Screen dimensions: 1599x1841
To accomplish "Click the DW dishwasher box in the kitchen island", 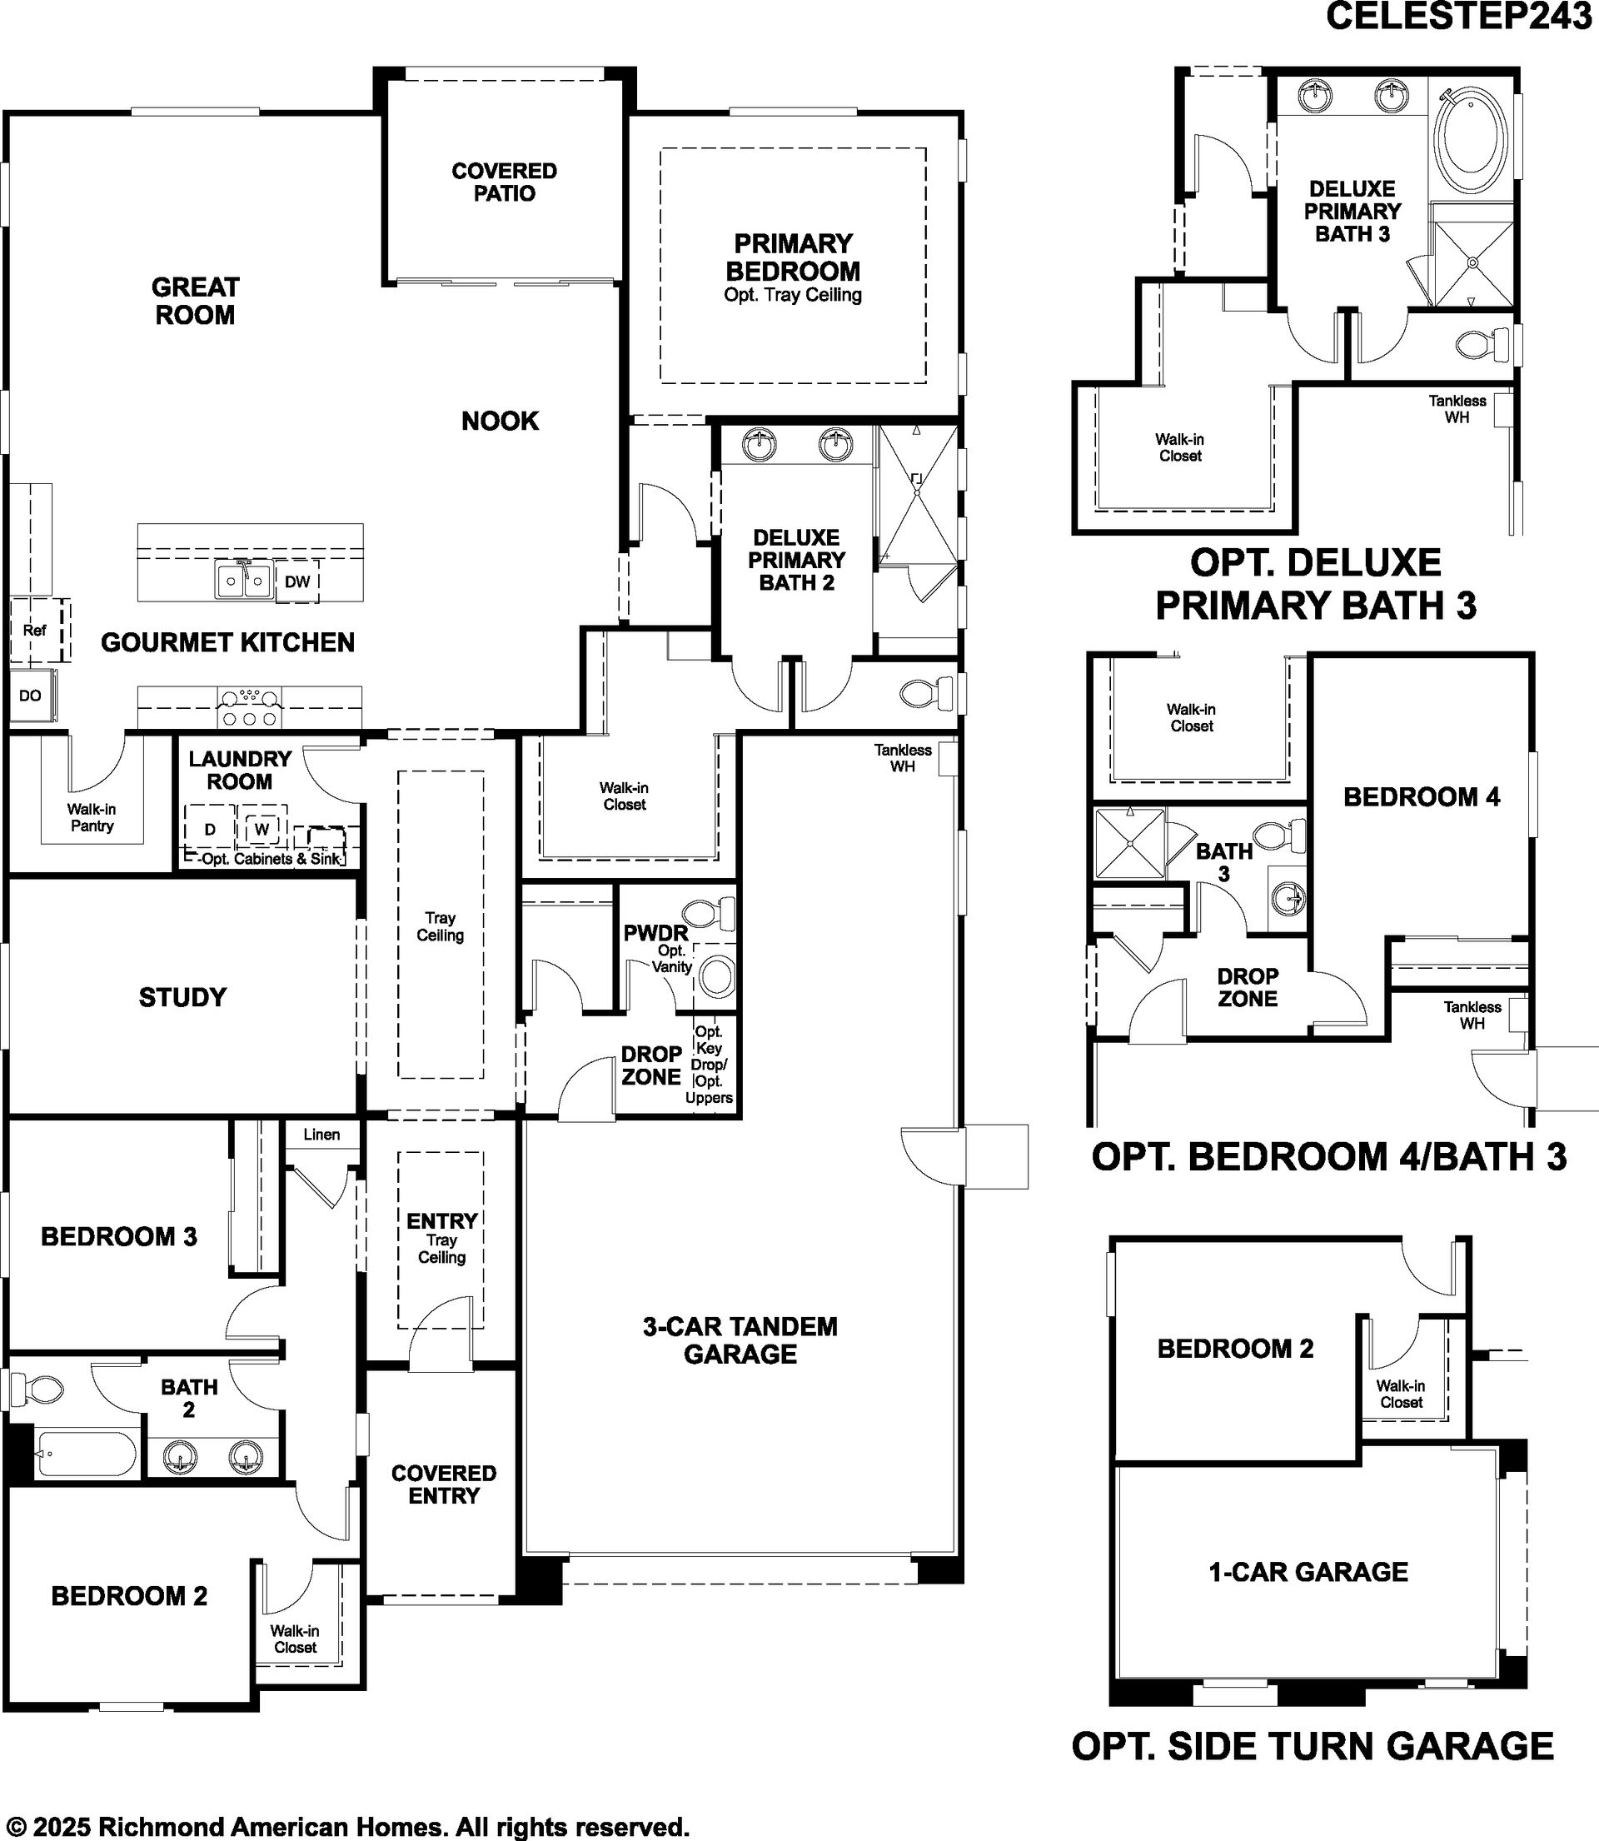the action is coord(297,581).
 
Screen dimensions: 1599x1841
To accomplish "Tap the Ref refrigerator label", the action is coord(35,630).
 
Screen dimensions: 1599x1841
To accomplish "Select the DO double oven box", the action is coord(32,696).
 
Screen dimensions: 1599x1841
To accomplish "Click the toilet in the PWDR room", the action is coord(710,913).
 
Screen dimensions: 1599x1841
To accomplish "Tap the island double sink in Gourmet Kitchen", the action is coord(243,580).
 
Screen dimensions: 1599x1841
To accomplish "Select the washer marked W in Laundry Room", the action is coord(262,829).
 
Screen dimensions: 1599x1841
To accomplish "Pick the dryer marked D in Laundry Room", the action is coord(210,829).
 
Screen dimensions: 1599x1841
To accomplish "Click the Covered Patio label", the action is coord(504,182).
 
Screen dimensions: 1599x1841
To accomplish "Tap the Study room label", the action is coord(182,997).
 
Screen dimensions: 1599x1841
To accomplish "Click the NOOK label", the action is coord(500,421).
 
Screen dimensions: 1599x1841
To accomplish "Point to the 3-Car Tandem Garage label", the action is coord(740,1340).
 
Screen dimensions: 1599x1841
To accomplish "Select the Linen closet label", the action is coord(321,1135).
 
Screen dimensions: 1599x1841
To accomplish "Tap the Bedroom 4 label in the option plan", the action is coord(1422,796).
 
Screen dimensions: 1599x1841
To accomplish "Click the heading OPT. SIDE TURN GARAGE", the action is coord(1313,1745).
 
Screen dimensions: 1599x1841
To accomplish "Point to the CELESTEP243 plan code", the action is coord(1459,16).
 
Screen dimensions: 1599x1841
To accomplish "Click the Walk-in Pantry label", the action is coord(92,817).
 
